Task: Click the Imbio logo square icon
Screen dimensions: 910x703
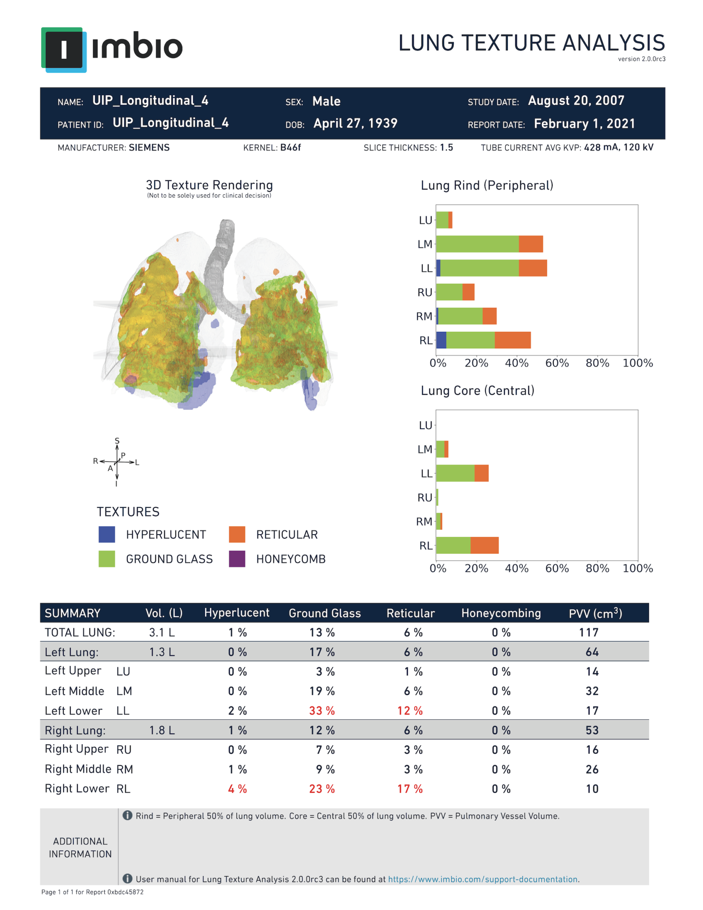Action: [x=64, y=50]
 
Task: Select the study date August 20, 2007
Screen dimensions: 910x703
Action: [x=576, y=101]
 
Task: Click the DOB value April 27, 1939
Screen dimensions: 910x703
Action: [x=355, y=124]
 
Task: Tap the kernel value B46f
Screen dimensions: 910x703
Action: [x=290, y=148]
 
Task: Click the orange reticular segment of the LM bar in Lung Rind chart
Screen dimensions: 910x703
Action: [x=530, y=244]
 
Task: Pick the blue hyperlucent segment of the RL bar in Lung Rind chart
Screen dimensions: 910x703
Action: [x=441, y=340]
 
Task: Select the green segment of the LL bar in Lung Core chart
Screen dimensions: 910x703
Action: [x=455, y=473]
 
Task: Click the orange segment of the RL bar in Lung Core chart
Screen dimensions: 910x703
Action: [x=484, y=546]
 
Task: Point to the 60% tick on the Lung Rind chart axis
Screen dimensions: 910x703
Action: [x=557, y=363]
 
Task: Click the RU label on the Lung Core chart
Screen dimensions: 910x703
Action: [x=425, y=498]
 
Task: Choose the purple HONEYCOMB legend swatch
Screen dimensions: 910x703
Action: [x=237, y=559]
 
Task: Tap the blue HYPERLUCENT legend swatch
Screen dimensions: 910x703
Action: [x=107, y=535]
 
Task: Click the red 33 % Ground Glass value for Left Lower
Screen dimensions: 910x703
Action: [x=322, y=711]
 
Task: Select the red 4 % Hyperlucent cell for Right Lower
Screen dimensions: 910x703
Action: [x=237, y=789]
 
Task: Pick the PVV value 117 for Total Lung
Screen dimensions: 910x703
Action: [x=588, y=633]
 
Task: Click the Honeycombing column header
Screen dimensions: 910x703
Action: [x=500, y=613]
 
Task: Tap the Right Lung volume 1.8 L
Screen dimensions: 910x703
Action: [x=162, y=731]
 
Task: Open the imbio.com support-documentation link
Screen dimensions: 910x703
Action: [x=482, y=879]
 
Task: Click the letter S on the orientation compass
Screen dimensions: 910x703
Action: [x=117, y=440]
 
